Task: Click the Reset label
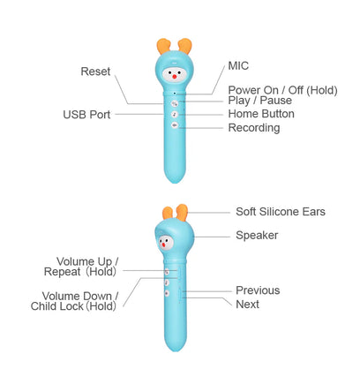[x=95, y=72]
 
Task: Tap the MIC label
[x=238, y=65]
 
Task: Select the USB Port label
[x=86, y=115]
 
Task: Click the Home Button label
[x=261, y=114]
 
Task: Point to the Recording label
[x=254, y=128]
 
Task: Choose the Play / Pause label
[x=260, y=101]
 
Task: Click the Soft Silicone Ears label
[x=281, y=212]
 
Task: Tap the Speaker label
[x=257, y=236]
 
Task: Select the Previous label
[x=258, y=290]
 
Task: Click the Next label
[x=247, y=305]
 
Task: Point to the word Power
[x=244, y=90]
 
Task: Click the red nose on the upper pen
[x=175, y=77]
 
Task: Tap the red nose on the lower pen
[x=163, y=245]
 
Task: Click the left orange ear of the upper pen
[x=164, y=47]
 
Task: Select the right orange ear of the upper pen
[x=185, y=46]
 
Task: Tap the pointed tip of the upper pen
[x=175, y=183]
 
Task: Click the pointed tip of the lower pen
[x=175, y=351]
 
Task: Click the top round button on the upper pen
[x=175, y=103]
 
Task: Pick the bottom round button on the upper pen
[x=175, y=125]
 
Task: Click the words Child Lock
[x=57, y=306]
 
